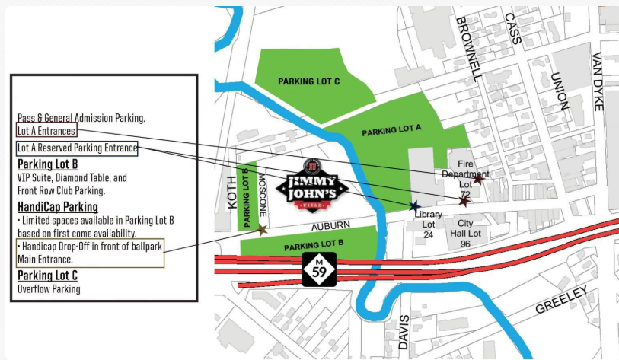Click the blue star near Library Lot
(x=414, y=205)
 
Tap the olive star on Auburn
(x=262, y=230)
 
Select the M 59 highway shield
(x=318, y=270)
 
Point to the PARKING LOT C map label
(x=308, y=81)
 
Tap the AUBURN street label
(x=330, y=225)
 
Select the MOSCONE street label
(x=261, y=194)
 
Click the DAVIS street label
(x=404, y=332)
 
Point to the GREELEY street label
(x=562, y=300)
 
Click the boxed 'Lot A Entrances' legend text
(x=46, y=131)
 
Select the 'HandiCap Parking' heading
(x=58, y=207)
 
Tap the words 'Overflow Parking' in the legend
(x=49, y=289)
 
